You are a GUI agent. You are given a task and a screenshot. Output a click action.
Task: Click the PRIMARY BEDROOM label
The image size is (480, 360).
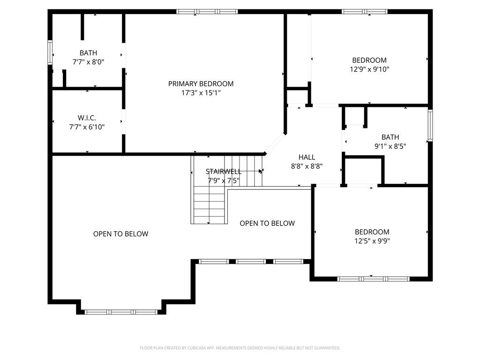click(x=201, y=83)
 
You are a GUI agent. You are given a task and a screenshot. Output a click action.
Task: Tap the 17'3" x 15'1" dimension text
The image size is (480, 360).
click(x=201, y=93)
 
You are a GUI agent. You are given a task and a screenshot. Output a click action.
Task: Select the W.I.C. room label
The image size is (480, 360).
click(x=87, y=118)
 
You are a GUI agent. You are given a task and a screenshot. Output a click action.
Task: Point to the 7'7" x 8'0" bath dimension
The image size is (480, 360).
click(x=88, y=62)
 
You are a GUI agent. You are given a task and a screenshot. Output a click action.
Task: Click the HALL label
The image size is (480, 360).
click(x=307, y=157)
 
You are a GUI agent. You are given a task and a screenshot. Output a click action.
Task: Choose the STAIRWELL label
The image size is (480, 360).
click(x=224, y=172)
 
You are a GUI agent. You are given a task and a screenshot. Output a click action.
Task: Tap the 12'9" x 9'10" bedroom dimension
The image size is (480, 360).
click(x=369, y=69)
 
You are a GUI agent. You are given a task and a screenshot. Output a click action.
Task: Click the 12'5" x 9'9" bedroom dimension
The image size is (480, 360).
click(x=372, y=241)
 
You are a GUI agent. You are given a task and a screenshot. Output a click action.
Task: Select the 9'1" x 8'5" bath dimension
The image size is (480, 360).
click(x=390, y=146)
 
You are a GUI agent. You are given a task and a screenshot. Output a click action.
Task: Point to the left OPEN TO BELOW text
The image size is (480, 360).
click(x=120, y=234)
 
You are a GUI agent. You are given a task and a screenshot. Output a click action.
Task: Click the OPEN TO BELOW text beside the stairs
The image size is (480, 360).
click(x=267, y=224)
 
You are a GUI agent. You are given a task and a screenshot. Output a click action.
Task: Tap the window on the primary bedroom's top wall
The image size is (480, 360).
click(x=207, y=12)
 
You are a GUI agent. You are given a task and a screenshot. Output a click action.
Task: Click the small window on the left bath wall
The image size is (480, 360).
click(x=50, y=52)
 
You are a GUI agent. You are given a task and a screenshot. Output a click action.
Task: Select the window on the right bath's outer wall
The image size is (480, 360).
click(x=430, y=126)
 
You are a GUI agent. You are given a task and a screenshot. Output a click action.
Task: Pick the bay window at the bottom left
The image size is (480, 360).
click(x=121, y=312)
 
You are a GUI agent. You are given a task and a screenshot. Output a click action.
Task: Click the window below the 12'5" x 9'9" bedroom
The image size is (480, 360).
click(x=373, y=279)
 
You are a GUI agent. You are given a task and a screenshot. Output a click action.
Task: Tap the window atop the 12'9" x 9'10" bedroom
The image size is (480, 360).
click(x=364, y=12)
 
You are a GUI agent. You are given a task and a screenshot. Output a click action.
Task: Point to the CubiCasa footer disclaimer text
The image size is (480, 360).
click(x=240, y=348)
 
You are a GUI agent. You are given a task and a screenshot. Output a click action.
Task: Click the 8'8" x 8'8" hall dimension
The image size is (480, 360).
click(x=307, y=166)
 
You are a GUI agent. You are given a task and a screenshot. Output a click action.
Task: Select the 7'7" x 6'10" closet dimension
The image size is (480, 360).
click(x=87, y=127)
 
